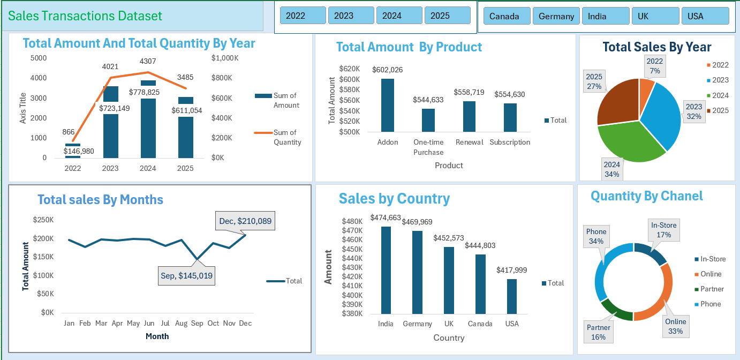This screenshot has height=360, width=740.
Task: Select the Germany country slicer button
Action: (x=556, y=16)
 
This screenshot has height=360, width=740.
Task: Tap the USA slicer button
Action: (x=705, y=16)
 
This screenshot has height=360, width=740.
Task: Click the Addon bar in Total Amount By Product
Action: (x=388, y=105)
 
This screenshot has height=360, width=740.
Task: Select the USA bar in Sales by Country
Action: (x=512, y=296)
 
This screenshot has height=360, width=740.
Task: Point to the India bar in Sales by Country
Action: (x=386, y=270)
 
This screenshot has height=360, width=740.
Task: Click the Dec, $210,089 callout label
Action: (x=245, y=221)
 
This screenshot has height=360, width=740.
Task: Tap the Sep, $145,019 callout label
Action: (x=186, y=276)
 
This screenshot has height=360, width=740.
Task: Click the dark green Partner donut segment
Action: (x=615, y=310)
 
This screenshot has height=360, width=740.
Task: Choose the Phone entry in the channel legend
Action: (x=710, y=304)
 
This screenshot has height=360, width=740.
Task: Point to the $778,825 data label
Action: (x=144, y=92)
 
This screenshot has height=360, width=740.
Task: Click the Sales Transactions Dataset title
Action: (x=85, y=16)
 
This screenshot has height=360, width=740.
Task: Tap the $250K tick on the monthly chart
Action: (x=43, y=220)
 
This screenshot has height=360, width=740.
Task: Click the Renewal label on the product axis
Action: (x=469, y=142)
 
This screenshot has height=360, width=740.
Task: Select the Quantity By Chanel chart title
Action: (x=646, y=196)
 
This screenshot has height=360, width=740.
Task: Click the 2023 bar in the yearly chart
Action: (x=111, y=129)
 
